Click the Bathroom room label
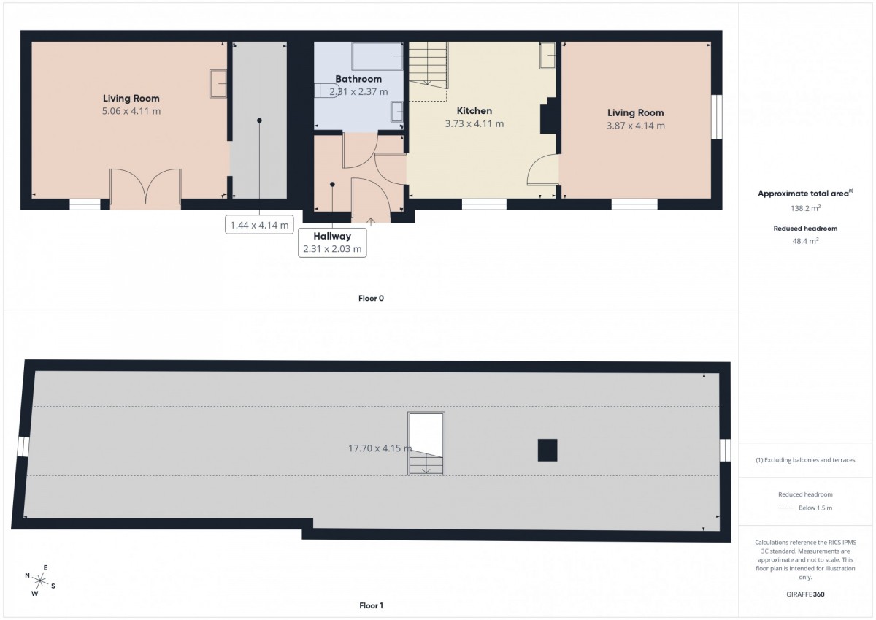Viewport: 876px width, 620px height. pos(358,79)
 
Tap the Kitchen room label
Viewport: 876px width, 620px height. pos(474,111)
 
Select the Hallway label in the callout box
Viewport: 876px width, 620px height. pos(332,237)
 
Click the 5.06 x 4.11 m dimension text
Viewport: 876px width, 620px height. pos(131,111)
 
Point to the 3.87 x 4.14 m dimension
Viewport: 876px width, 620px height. pos(636,126)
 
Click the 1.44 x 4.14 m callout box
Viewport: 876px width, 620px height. pos(259,225)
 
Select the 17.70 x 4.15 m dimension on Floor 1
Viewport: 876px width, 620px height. pos(380,448)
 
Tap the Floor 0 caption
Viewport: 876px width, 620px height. pos(371,299)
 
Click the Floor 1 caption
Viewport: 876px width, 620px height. pos(371,605)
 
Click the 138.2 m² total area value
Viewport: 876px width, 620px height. pos(805,208)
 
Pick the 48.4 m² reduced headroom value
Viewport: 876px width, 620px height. pos(805,241)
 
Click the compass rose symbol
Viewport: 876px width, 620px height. pos(40,581)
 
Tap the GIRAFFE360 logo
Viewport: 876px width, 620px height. pos(805,594)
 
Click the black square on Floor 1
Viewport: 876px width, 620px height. pos(547,451)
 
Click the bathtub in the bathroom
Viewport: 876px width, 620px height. pos(377,56)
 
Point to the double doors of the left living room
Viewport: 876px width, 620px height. pos(145,187)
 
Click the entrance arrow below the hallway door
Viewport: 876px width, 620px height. pos(371,222)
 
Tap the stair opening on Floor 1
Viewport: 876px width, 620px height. pos(426,443)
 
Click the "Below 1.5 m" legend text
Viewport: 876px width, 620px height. pos(815,508)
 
